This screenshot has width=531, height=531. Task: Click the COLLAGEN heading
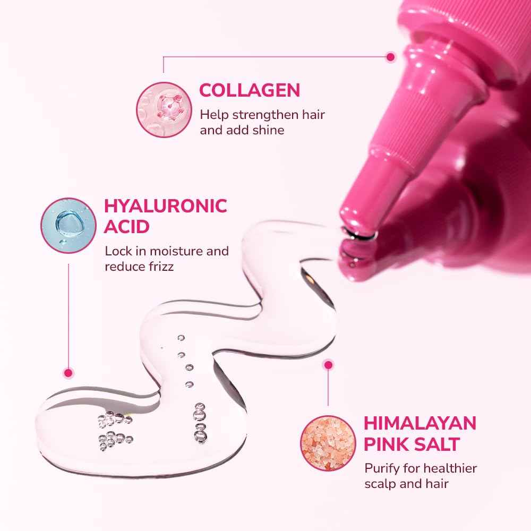pyautogui.click(x=250, y=90)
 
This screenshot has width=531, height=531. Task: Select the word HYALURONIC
pyautogui.click(x=166, y=205)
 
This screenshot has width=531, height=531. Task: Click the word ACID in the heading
pyautogui.click(x=127, y=227)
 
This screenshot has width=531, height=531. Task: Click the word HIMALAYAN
pyautogui.click(x=419, y=423)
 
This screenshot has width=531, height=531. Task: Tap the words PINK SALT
pyautogui.click(x=412, y=444)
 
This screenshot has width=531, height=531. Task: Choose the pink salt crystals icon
pyautogui.click(x=324, y=439)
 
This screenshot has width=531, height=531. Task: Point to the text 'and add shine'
pyautogui.click(x=242, y=130)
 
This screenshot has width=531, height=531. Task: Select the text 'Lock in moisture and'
pyautogui.click(x=166, y=251)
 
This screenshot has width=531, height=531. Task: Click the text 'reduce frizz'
pyautogui.click(x=139, y=266)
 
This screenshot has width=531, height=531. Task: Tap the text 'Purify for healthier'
pyautogui.click(x=420, y=468)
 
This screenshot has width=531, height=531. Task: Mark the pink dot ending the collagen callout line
pyautogui.click(x=391, y=56)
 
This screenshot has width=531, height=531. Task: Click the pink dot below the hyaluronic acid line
pyautogui.click(x=68, y=373)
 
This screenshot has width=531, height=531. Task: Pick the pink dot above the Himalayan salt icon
pyautogui.click(x=329, y=365)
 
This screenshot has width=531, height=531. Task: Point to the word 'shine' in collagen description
pyautogui.click(x=270, y=130)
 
